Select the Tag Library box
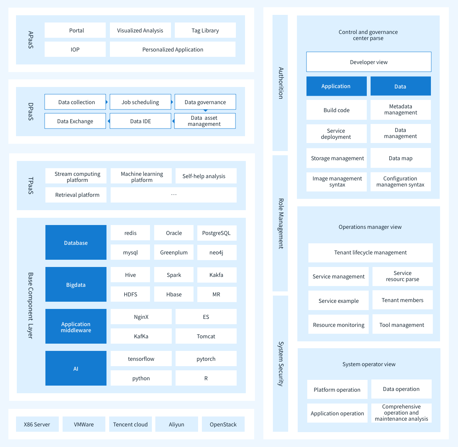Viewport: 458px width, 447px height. [x=205, y=30]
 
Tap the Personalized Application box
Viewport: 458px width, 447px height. [x=173, y=49]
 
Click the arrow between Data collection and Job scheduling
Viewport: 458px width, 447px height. [x=107, y=102]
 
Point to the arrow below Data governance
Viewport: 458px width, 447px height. [x=205, y=111]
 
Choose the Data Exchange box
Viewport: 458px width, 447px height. [x=75, y=121]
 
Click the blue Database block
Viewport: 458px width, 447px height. [x=76, y=243]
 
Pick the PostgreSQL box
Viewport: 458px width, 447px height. [x=217, y=233]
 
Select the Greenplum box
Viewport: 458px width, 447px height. [x=174, y=252]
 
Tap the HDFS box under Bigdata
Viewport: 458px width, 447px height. [x=130, y=294]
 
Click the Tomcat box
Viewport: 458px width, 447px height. [x=206, y=336]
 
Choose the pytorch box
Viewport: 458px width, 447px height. [x=206, y=359]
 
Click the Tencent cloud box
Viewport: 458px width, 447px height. [x=131, y=424]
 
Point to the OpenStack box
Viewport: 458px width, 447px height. [x=223, y=424]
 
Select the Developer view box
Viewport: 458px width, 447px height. [x=369, y=62]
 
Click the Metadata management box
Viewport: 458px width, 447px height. [x=401, y=109]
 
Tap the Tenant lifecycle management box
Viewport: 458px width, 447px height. [x=371, y=252]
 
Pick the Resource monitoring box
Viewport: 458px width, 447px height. [x=339, y=325]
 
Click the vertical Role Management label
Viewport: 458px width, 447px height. [x=281, y=223]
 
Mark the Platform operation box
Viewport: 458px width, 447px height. [x=337, y=389]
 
